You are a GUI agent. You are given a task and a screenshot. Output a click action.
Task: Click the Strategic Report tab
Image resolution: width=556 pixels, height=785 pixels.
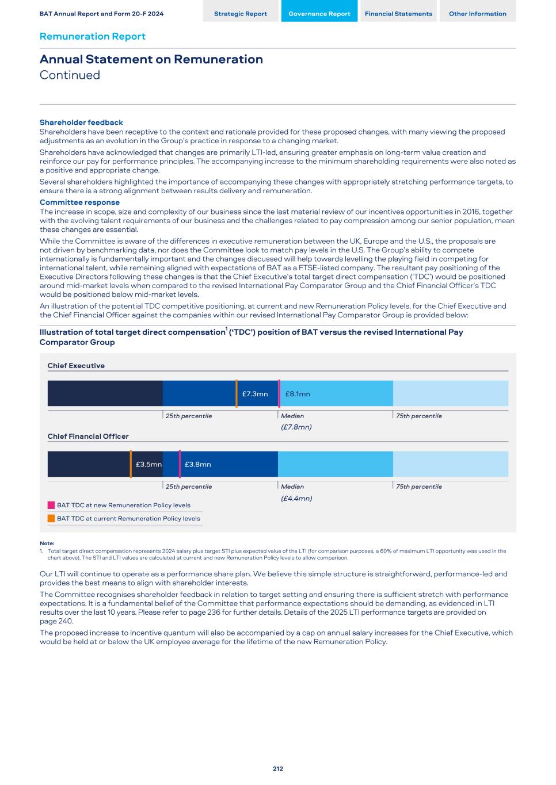pyautogui.click(x=241, y=14)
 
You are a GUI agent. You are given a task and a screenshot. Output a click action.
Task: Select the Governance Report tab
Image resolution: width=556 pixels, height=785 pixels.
pyautogui.click(x=319, y=14)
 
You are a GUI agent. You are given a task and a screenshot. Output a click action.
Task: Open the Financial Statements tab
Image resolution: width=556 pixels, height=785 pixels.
pyautogui.click(x=398, y=14)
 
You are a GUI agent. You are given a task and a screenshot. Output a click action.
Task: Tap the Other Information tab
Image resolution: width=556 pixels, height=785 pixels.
pyautogui.click(x=478, y=14)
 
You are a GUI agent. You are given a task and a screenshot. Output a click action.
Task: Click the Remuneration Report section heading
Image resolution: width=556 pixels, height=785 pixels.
pyautogui.click(x=92, y=36)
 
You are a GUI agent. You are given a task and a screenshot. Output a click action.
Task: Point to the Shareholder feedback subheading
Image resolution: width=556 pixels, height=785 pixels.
pyautogui.click(x=81, y=122)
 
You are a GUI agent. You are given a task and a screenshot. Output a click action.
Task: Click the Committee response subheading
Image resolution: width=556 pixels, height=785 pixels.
pyautogui.click(x=79, y=202)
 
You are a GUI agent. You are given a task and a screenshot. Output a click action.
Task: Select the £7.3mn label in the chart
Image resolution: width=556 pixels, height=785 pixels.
pyautogui.click(x=255, y=394)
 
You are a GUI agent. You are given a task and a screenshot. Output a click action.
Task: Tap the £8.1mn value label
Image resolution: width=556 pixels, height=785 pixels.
pyautogui.click(x=298, y=394)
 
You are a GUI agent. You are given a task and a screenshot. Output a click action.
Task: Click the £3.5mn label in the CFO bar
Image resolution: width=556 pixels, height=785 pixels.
pyautogui.click(x=148, y=464)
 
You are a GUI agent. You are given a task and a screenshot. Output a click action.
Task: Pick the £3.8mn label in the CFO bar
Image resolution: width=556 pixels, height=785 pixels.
pyautogui.click(x=197, y=464)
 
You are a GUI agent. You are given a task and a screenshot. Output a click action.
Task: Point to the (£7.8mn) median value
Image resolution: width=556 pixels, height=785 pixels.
pyautogui.click(x=296, y=427)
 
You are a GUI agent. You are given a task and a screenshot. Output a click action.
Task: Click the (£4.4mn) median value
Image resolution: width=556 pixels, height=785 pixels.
pyautogui.click(x=296, y=499)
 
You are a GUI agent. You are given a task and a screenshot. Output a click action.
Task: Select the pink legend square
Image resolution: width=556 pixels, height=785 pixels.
pyautogui.click(x=51, y=505)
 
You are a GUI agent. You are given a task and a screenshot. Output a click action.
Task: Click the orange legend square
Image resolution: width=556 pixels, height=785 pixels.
pyautogui.click(x=51, y=518)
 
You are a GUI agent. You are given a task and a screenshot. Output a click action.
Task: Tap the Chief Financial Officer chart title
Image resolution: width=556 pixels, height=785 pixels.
pyautogui.click(x=88, y=436)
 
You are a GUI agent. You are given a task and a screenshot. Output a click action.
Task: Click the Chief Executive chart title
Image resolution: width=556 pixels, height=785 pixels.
pyautogui.click(x=76, y=366)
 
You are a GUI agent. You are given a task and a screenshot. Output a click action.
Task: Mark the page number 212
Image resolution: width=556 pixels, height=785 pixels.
pyautogui.click(x=278, y=769)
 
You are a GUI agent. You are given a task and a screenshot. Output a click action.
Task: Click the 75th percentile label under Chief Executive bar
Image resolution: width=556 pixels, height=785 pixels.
pyautogui.click(x=419, y=416)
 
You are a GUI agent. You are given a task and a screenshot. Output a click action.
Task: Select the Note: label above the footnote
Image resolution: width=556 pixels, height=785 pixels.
pyautogui.click(x=47, y=543)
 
